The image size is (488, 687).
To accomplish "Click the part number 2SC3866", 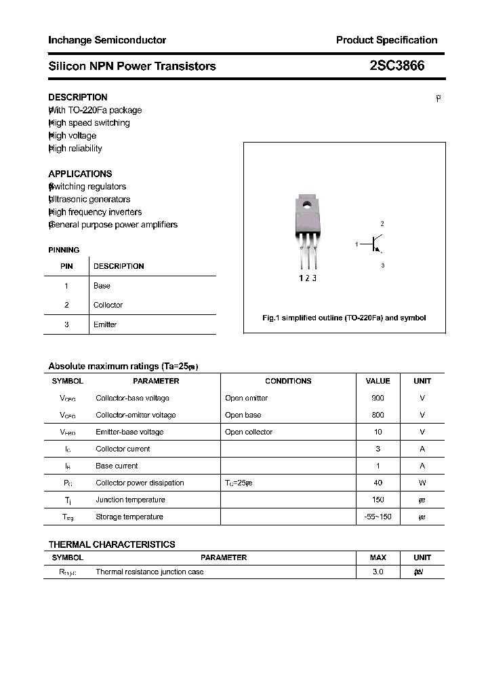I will click(x=398, y=66).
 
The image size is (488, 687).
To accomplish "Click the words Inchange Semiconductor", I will click(x=107, y=40).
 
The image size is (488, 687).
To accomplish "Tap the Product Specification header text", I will click(x=386, y=40).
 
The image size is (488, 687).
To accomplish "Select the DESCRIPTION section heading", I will click(x=78, y=97).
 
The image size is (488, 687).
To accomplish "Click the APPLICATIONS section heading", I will click(x=80, y=174).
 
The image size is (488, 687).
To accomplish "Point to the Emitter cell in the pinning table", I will click(x=105, y=324).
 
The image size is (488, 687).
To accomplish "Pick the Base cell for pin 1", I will click(x=102, y=286).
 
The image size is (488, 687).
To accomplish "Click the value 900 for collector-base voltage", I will click(x=378, y=398).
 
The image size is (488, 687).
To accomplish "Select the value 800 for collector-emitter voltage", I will click(x=378, y=415).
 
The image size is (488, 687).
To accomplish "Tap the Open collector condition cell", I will click(x=249, y=432).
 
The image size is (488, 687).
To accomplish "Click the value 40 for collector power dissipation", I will click(x=378, y=483).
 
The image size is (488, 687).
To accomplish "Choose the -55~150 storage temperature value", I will click(x=378, y=517).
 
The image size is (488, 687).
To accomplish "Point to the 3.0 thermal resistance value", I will click(x=378, y=572).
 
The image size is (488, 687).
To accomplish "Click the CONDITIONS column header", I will click(x=288, y=381).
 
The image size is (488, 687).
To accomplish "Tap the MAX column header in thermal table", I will click(x=378, y=557).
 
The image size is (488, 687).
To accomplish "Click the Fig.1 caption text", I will click(x=344, y=318).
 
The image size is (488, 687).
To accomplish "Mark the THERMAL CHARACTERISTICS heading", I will click(x=112, y=544).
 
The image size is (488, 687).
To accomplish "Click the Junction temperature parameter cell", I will click(x=130, y=500).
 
